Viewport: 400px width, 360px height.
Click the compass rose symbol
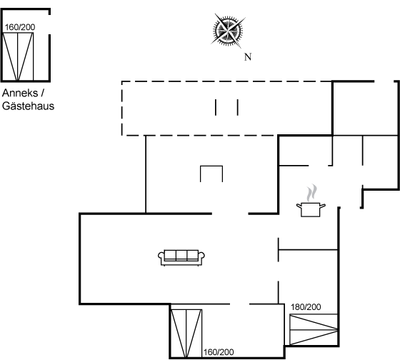228,31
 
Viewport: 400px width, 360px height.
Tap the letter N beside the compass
248,57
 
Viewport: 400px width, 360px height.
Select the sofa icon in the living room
181,258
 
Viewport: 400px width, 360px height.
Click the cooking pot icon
311,209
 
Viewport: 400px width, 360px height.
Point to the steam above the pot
311,193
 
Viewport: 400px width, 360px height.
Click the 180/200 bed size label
306,307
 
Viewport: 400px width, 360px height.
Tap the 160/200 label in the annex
20,27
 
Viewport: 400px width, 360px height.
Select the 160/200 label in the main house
219,352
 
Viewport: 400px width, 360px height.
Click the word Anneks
20,93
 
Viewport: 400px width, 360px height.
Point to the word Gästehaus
28,106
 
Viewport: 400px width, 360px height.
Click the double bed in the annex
18,56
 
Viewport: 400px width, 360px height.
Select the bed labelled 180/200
314,330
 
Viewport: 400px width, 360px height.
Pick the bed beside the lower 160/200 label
186,333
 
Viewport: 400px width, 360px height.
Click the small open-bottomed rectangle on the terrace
211,166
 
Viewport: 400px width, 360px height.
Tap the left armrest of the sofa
161,256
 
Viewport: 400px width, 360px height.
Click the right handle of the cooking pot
323,206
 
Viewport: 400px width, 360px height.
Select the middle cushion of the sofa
181,254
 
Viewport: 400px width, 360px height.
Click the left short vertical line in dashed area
216,107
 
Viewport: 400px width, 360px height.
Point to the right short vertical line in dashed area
238,107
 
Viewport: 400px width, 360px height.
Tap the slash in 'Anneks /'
42,93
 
